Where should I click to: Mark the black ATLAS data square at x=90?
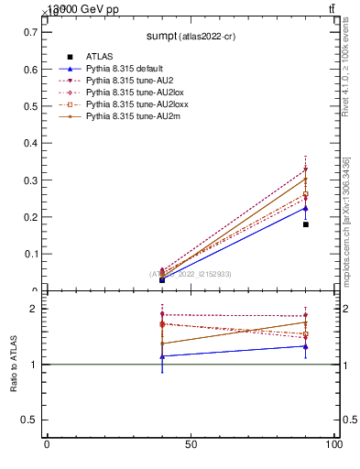(306, 224)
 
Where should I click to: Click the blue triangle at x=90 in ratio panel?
(306, 346)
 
